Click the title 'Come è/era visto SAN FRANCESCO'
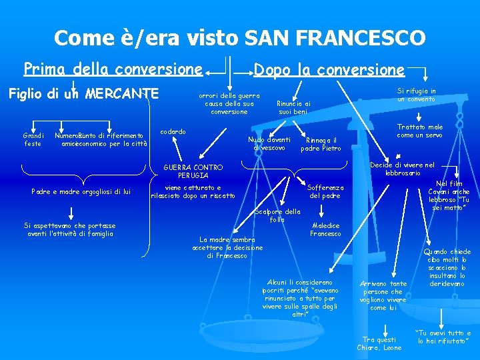(x=239, y=37)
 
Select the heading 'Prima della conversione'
(x=113, y=69)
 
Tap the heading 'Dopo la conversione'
(x=329, y=69)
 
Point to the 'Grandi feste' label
(x=33, y=139)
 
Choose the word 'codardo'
(x=173, y=131)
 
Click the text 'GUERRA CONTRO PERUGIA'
(x=193, y=171)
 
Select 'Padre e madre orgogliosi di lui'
(x=81, y=192)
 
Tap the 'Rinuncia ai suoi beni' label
(x=293, y=107)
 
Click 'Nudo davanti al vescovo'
(x=269, y=143)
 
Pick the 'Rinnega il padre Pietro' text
(x=321, y=144)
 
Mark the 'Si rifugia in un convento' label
(x=416, y=95)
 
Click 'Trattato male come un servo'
(x=419, y=131)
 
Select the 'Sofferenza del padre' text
(x=325, y=191)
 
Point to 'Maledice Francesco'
(x=325, y=229)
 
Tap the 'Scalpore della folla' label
(x=277, y=215)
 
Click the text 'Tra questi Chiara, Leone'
(x=378, y=343)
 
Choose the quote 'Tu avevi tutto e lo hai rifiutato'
(x=443, y=337)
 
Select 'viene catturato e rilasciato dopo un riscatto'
(x=193, y=191)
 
